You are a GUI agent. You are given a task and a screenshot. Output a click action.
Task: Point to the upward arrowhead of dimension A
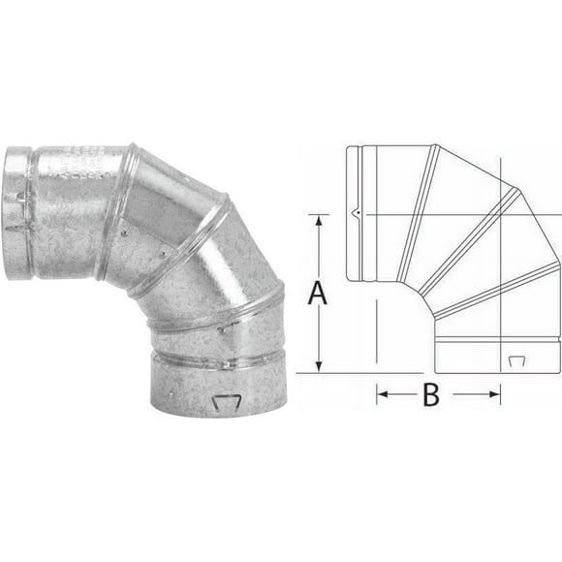tap(317, 220)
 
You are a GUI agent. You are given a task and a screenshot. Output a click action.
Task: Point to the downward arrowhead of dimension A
tap(317, 365)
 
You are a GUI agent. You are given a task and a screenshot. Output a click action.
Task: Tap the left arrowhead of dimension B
tap(381, 393)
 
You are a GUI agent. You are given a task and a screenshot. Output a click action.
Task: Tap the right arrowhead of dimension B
tap(495, 393)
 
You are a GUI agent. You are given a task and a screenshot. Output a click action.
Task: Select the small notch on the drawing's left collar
tap(356, 212)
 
